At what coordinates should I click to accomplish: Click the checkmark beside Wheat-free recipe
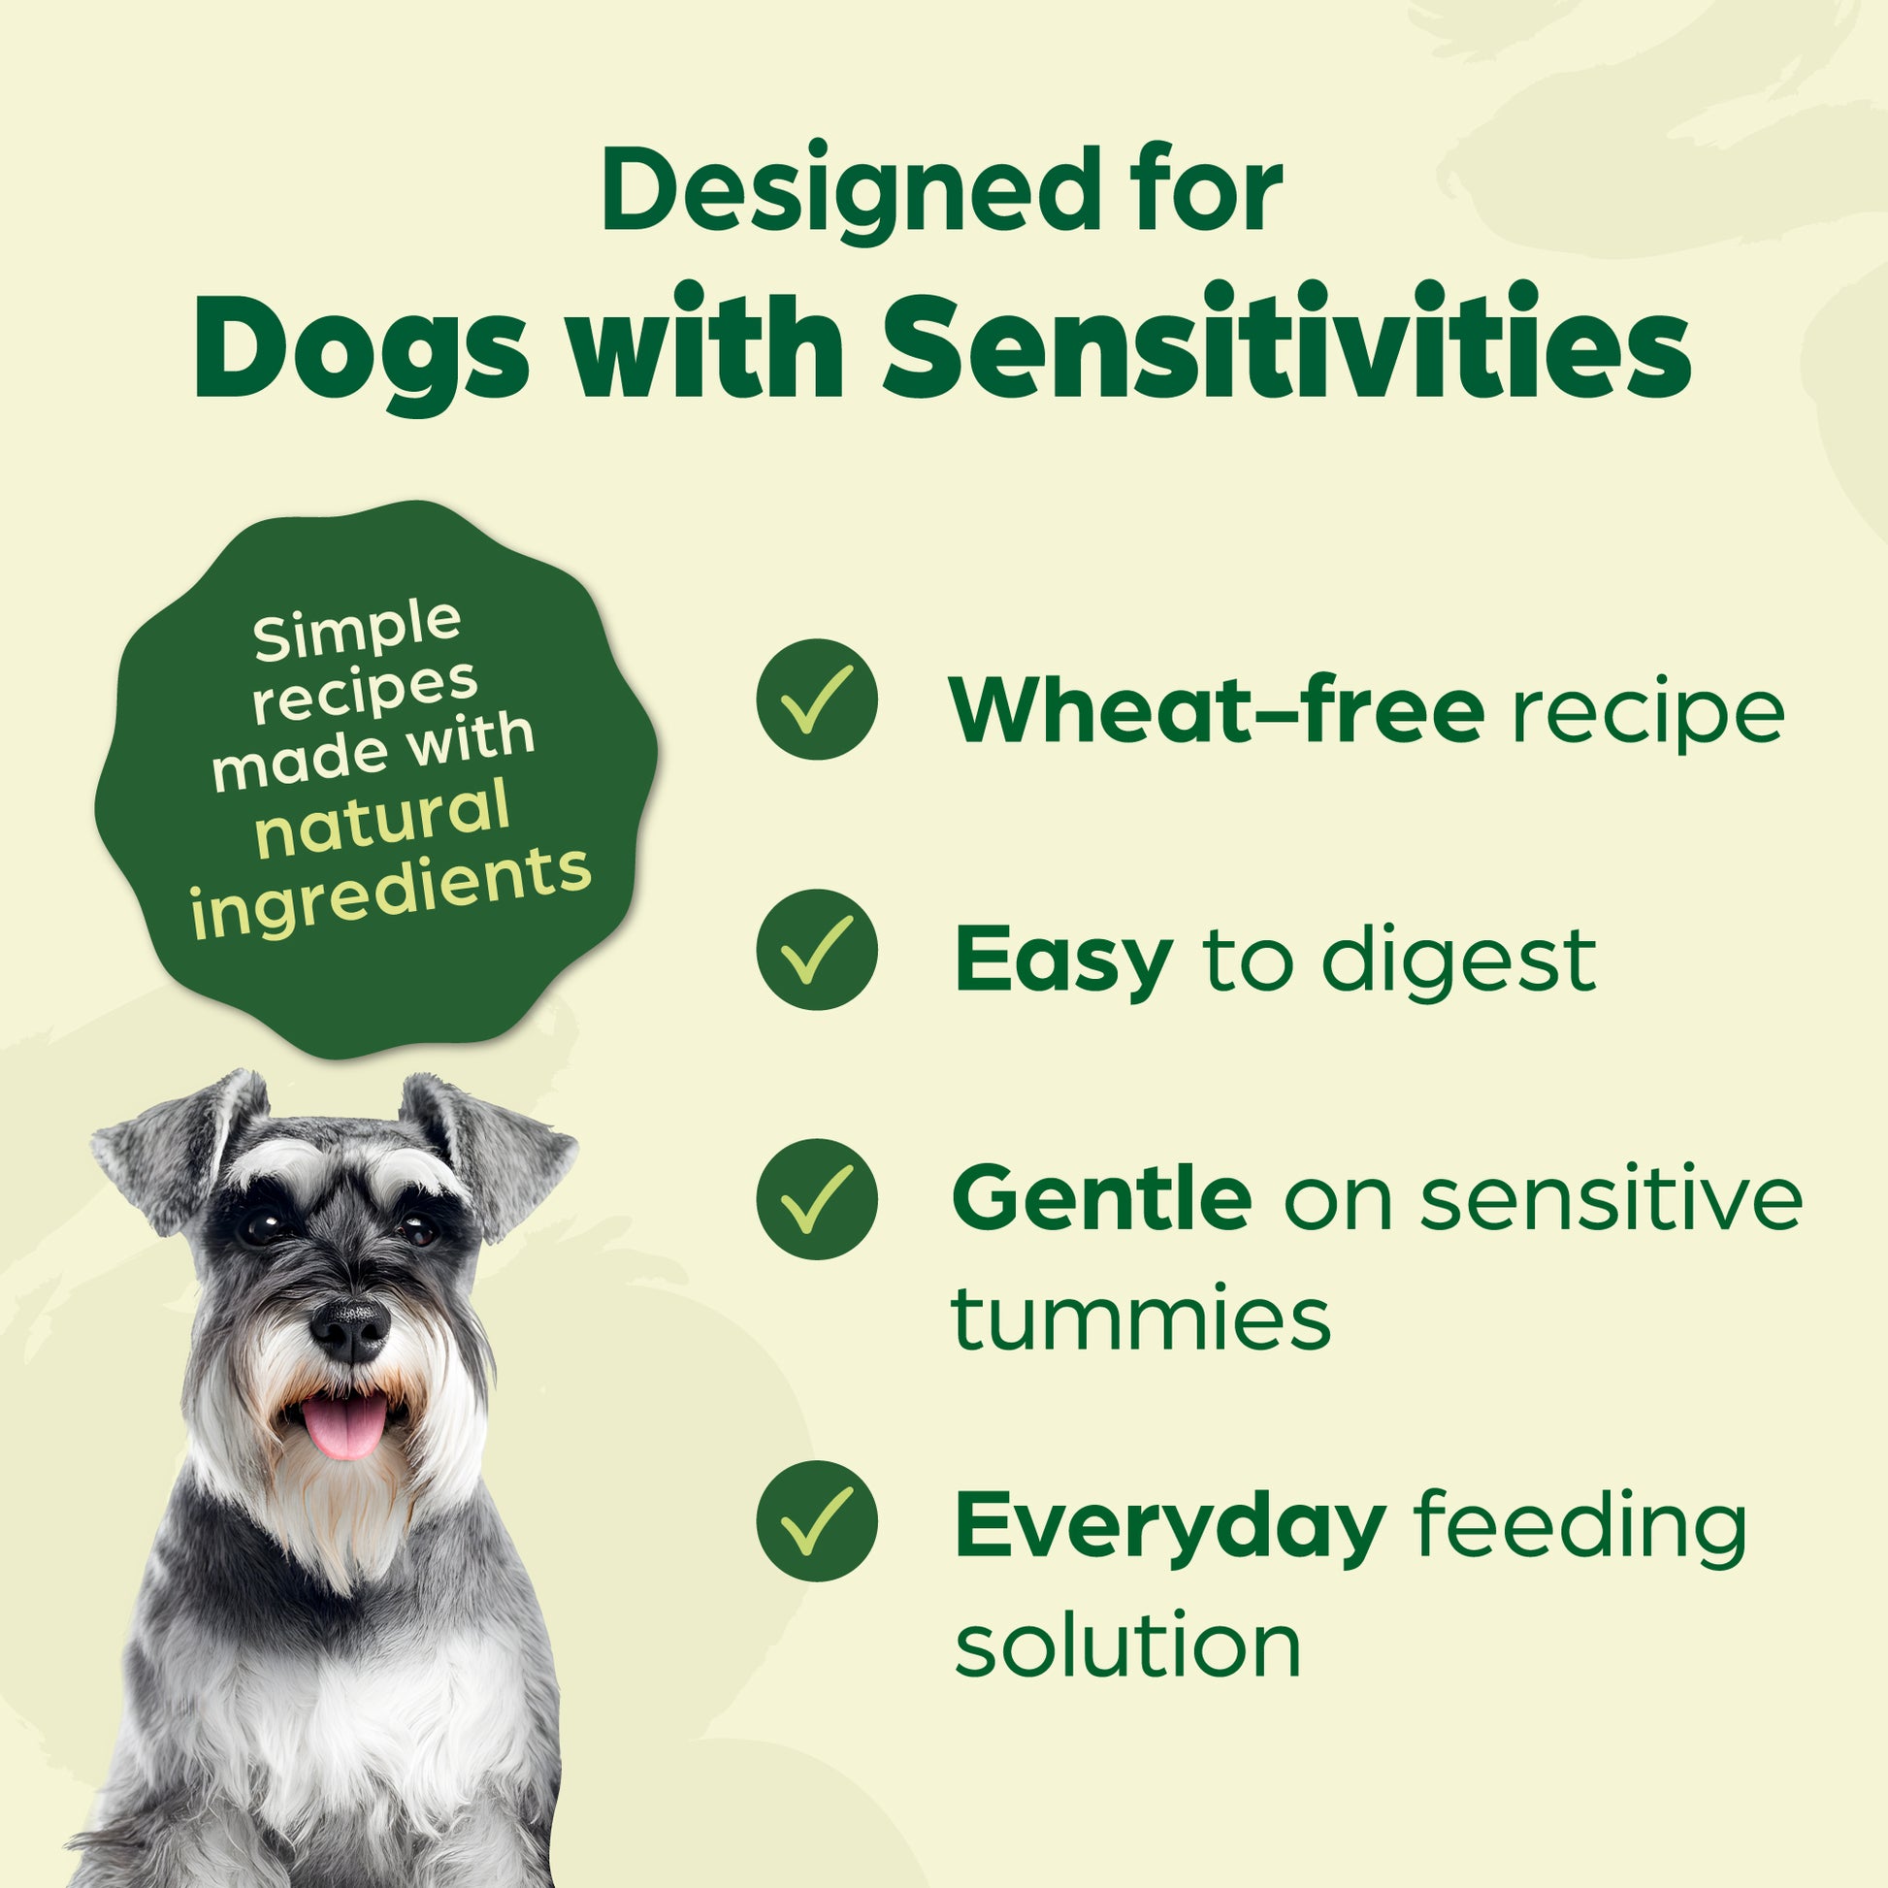pyautogui.click(x=817, y=700)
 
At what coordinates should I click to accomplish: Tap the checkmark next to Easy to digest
pyautogui.click(x=817, y=950)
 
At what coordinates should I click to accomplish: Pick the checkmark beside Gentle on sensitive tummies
pyautogui.click(x=817, y=1199)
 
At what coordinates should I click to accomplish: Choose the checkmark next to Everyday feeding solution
pyautogui.click(x=817, y=1521)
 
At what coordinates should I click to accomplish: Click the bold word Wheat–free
pyautogui.click(x=1218, y=709)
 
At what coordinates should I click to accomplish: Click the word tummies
pyautogui.click(x=1141, y=1318)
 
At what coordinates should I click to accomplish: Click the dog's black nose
pyautogui.click(x=349, y=1330)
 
